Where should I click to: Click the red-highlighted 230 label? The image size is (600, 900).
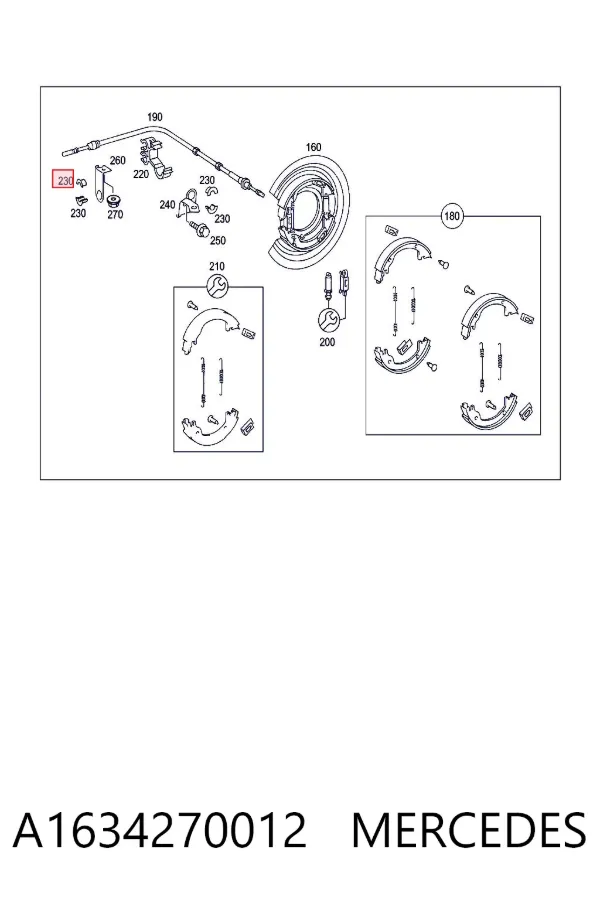[64, 181]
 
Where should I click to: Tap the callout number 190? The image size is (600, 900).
[155, 117]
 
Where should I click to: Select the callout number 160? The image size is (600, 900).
[313, 148]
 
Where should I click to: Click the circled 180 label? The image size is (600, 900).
[452, 216]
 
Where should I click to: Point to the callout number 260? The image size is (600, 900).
[118, 160]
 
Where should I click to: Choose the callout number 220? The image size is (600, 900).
[141, 174]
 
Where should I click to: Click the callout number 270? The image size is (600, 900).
[115, 215]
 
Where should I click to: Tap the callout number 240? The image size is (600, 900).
[167, 204]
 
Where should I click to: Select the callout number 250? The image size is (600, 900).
[218, 240]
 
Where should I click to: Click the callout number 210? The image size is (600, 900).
[217, 266]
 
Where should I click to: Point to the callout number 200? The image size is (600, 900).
[327, 342]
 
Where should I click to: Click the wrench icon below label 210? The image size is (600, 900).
[217, 286]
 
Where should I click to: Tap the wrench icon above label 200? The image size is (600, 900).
[328, 319]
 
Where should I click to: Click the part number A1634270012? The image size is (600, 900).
[160, 830]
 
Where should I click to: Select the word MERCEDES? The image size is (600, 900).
[469, 830]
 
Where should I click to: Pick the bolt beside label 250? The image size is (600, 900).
[199, 229]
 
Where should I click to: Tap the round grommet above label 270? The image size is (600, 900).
[114, 200]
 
